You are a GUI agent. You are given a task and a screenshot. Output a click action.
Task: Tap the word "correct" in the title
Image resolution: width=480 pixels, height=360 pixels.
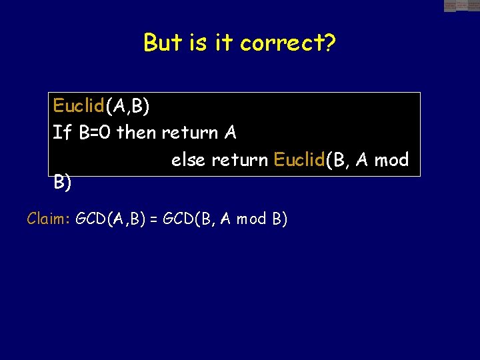[281, 43]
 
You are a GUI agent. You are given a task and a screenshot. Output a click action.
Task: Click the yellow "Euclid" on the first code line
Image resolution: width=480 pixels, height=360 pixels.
[79, 105]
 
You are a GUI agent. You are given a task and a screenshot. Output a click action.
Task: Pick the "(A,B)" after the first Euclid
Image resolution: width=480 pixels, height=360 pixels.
[127, 106]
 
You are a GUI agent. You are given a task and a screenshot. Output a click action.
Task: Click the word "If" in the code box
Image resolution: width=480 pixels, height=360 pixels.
[62, 133]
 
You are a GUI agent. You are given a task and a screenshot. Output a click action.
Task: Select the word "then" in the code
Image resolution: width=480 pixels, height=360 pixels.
[136, 133]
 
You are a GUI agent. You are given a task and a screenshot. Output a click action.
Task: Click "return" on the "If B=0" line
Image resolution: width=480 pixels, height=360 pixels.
[189, 133]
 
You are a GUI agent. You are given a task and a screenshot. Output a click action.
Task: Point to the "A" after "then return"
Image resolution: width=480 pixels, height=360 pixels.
[230, 133]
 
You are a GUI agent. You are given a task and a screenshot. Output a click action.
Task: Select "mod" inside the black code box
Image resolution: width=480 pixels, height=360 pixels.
[391, 160]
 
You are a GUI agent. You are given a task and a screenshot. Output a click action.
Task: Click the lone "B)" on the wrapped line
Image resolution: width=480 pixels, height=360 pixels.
[63, 182]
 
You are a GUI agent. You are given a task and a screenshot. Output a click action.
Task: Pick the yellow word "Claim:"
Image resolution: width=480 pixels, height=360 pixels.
[49, 219]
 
